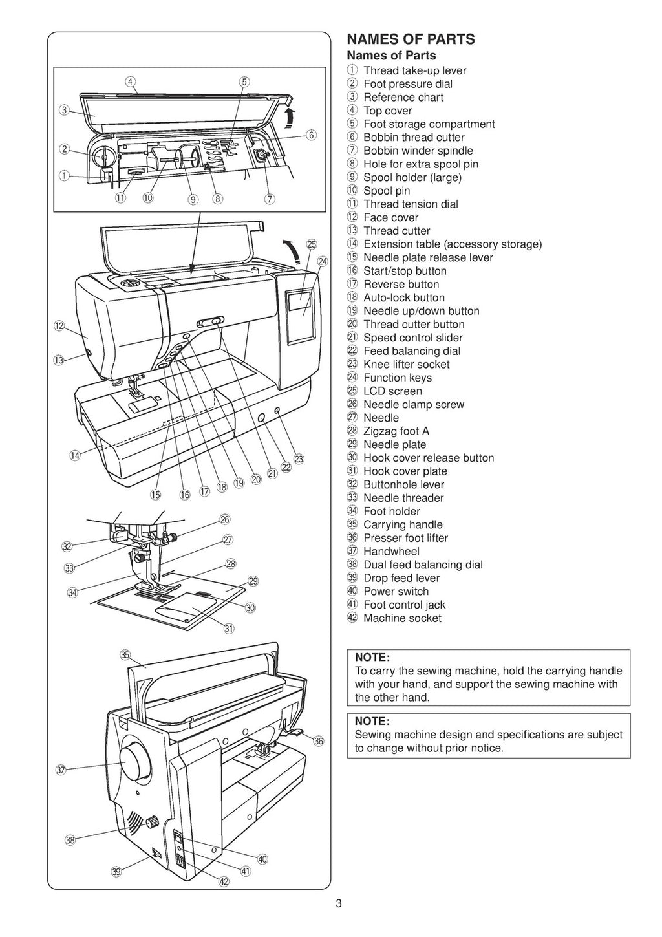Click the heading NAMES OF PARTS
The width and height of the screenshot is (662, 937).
(411, 39)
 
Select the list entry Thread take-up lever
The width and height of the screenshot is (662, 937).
(414, 70)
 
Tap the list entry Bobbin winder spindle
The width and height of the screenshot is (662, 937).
(418, 151)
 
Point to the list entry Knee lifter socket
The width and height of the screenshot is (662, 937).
(406, 365)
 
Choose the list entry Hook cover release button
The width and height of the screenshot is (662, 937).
(428, 458)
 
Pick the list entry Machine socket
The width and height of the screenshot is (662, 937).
(402, 618)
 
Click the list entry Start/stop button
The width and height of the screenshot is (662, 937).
(405, 271)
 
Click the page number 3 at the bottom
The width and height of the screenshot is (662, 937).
(339, 904)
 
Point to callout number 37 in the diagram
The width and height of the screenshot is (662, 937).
(61, 770)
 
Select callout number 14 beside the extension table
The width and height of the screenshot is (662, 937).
(75, 455)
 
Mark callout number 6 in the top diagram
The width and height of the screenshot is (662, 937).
(311, 135)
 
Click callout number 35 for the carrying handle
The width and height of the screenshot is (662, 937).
(125, 654)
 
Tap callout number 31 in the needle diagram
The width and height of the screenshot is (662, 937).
(228, 628)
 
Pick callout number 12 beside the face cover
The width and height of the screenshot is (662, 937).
(59, 326)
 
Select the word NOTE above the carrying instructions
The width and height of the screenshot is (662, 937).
(372, 658)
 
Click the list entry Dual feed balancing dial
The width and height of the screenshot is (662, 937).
(422, 565)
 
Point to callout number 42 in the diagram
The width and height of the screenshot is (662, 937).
(224, 882)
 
